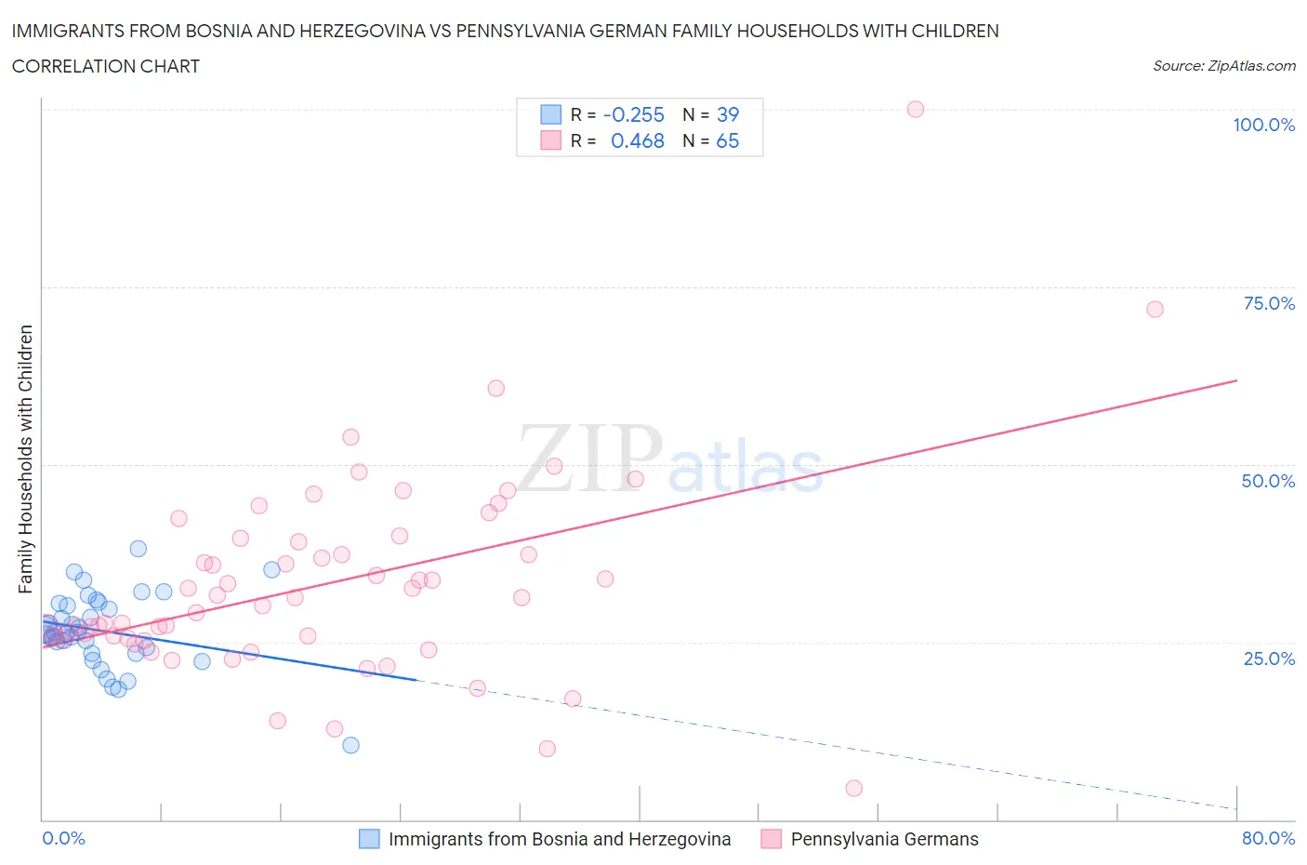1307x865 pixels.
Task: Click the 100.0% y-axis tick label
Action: (x=1263, y=125)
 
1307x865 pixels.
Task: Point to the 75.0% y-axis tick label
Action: (x=1269, y=303)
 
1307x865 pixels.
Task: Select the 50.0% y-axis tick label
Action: (x=1268, y=481)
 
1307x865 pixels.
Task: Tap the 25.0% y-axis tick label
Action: (x=1269, y=659)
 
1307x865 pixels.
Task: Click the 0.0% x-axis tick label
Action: (x=63, y=838)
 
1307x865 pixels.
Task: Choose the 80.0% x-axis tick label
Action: (x=1268, y=838)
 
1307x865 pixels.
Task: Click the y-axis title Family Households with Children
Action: (x=25, y=459)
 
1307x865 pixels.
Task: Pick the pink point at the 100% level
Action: (x=916, y=109)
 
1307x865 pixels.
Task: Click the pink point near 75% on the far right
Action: (x=1155, y=309)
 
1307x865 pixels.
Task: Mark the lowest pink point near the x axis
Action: (x=854, y=788)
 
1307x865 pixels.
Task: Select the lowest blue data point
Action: (x=350, y=744)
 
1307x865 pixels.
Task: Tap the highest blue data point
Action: (x=139, y=549)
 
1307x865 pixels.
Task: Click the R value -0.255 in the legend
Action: (x=634, y=114)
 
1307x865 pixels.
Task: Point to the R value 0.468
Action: (x=637, y=140)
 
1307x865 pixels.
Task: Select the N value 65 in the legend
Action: (x=727, y=140)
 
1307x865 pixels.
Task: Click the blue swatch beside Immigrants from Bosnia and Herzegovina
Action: (x=369, y=839)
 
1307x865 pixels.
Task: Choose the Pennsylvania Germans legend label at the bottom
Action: (x=884, y=839)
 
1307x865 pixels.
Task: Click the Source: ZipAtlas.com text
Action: (x=1223, y=65)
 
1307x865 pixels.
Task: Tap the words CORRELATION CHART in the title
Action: (x=106, y=66)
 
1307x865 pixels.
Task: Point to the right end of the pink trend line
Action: (x=1236, y=380)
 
